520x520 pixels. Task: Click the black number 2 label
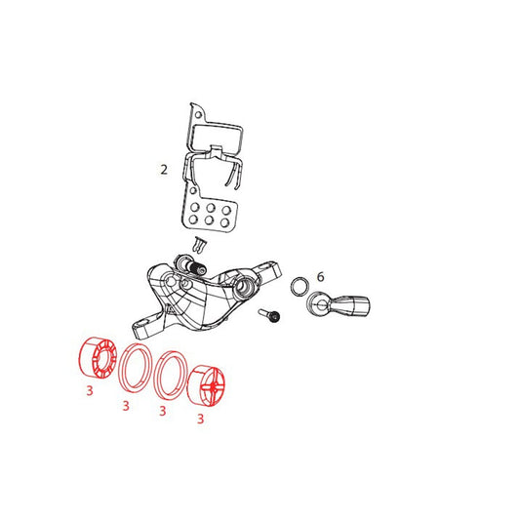click(x=164, y=170)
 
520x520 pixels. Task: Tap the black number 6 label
click(x=320, y=276)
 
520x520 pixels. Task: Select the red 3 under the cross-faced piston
click(x=200, y=419)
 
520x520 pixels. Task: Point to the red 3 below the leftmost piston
click(x=90, y=391)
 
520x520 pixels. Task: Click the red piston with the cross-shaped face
click(x=206, y=385)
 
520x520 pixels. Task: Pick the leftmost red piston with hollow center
click(x=98, y=357)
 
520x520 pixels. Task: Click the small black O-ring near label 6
click(x=292, y=286)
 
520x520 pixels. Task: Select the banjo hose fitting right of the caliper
click(x=339, y=304)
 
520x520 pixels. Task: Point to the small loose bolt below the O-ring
click(x=269, y=315)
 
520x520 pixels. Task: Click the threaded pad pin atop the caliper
click(x=191, y=264)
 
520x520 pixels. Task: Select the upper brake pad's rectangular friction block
click(x=218, y=139)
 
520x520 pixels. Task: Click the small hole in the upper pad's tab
click(x=198, y=115)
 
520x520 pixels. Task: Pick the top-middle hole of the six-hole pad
click(x=211, y=208)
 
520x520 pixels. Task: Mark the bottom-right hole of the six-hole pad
click(x=225, y=221)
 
